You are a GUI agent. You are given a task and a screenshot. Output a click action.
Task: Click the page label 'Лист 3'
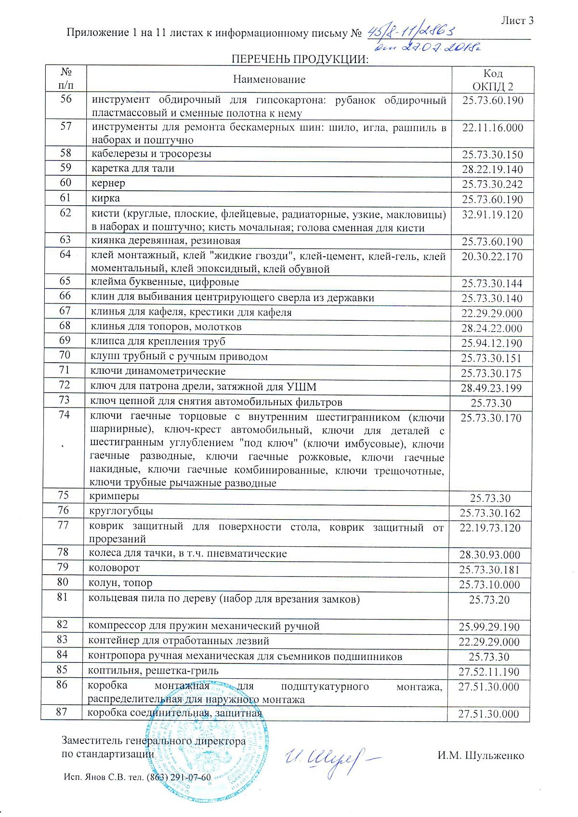tap(517, 21)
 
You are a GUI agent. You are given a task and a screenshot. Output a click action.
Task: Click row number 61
tap(66, 198)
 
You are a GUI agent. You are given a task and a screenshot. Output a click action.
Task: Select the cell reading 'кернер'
tap(108, 183)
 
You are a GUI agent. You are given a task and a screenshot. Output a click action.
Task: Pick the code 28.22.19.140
tap(492, 170)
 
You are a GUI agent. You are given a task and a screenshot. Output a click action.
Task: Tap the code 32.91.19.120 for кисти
tap(492, 214)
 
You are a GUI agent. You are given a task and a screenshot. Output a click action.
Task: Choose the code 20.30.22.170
tap(492, 256)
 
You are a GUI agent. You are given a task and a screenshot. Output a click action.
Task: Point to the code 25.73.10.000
tap(489, 585)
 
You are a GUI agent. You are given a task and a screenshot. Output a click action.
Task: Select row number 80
tap(63, 582)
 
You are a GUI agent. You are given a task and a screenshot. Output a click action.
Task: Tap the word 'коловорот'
tap(114, 568)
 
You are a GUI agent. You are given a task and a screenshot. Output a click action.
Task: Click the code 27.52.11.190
tap(489, 672)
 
